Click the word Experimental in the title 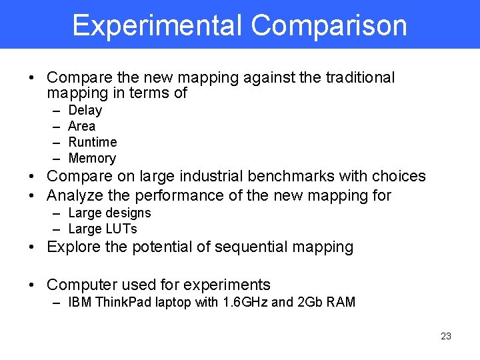coord(158,25)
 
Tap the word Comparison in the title coord(329,25)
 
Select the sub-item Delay coord(85,110)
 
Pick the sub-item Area coord(82,126)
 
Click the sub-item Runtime coord(93,142)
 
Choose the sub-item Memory coord(92,158)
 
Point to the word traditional coord(360,77)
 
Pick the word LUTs coord(121,229)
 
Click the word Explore coord(73,247)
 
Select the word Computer coord(79,285)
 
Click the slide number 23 coord(446,336)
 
